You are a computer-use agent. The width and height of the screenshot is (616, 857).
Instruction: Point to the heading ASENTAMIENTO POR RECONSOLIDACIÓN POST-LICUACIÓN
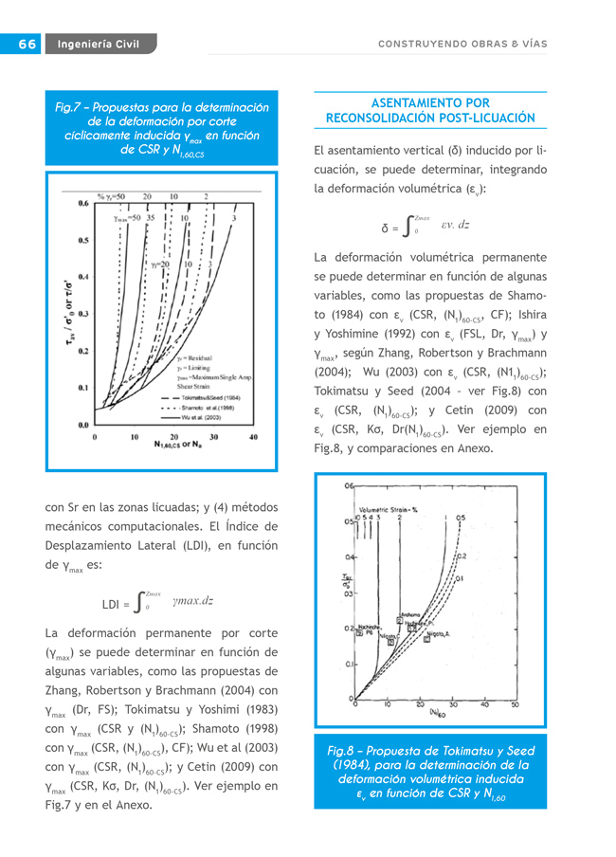[430, 110]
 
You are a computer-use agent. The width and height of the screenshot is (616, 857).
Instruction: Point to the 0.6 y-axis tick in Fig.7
[83, 203]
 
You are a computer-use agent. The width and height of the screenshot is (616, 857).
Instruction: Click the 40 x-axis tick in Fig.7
[253, 437]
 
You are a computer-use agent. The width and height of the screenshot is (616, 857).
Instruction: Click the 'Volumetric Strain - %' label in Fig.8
[389, 509]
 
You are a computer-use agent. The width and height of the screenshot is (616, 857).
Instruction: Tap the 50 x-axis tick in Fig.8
[516, 704]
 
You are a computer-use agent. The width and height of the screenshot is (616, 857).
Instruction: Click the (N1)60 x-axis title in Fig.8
[438, 712]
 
